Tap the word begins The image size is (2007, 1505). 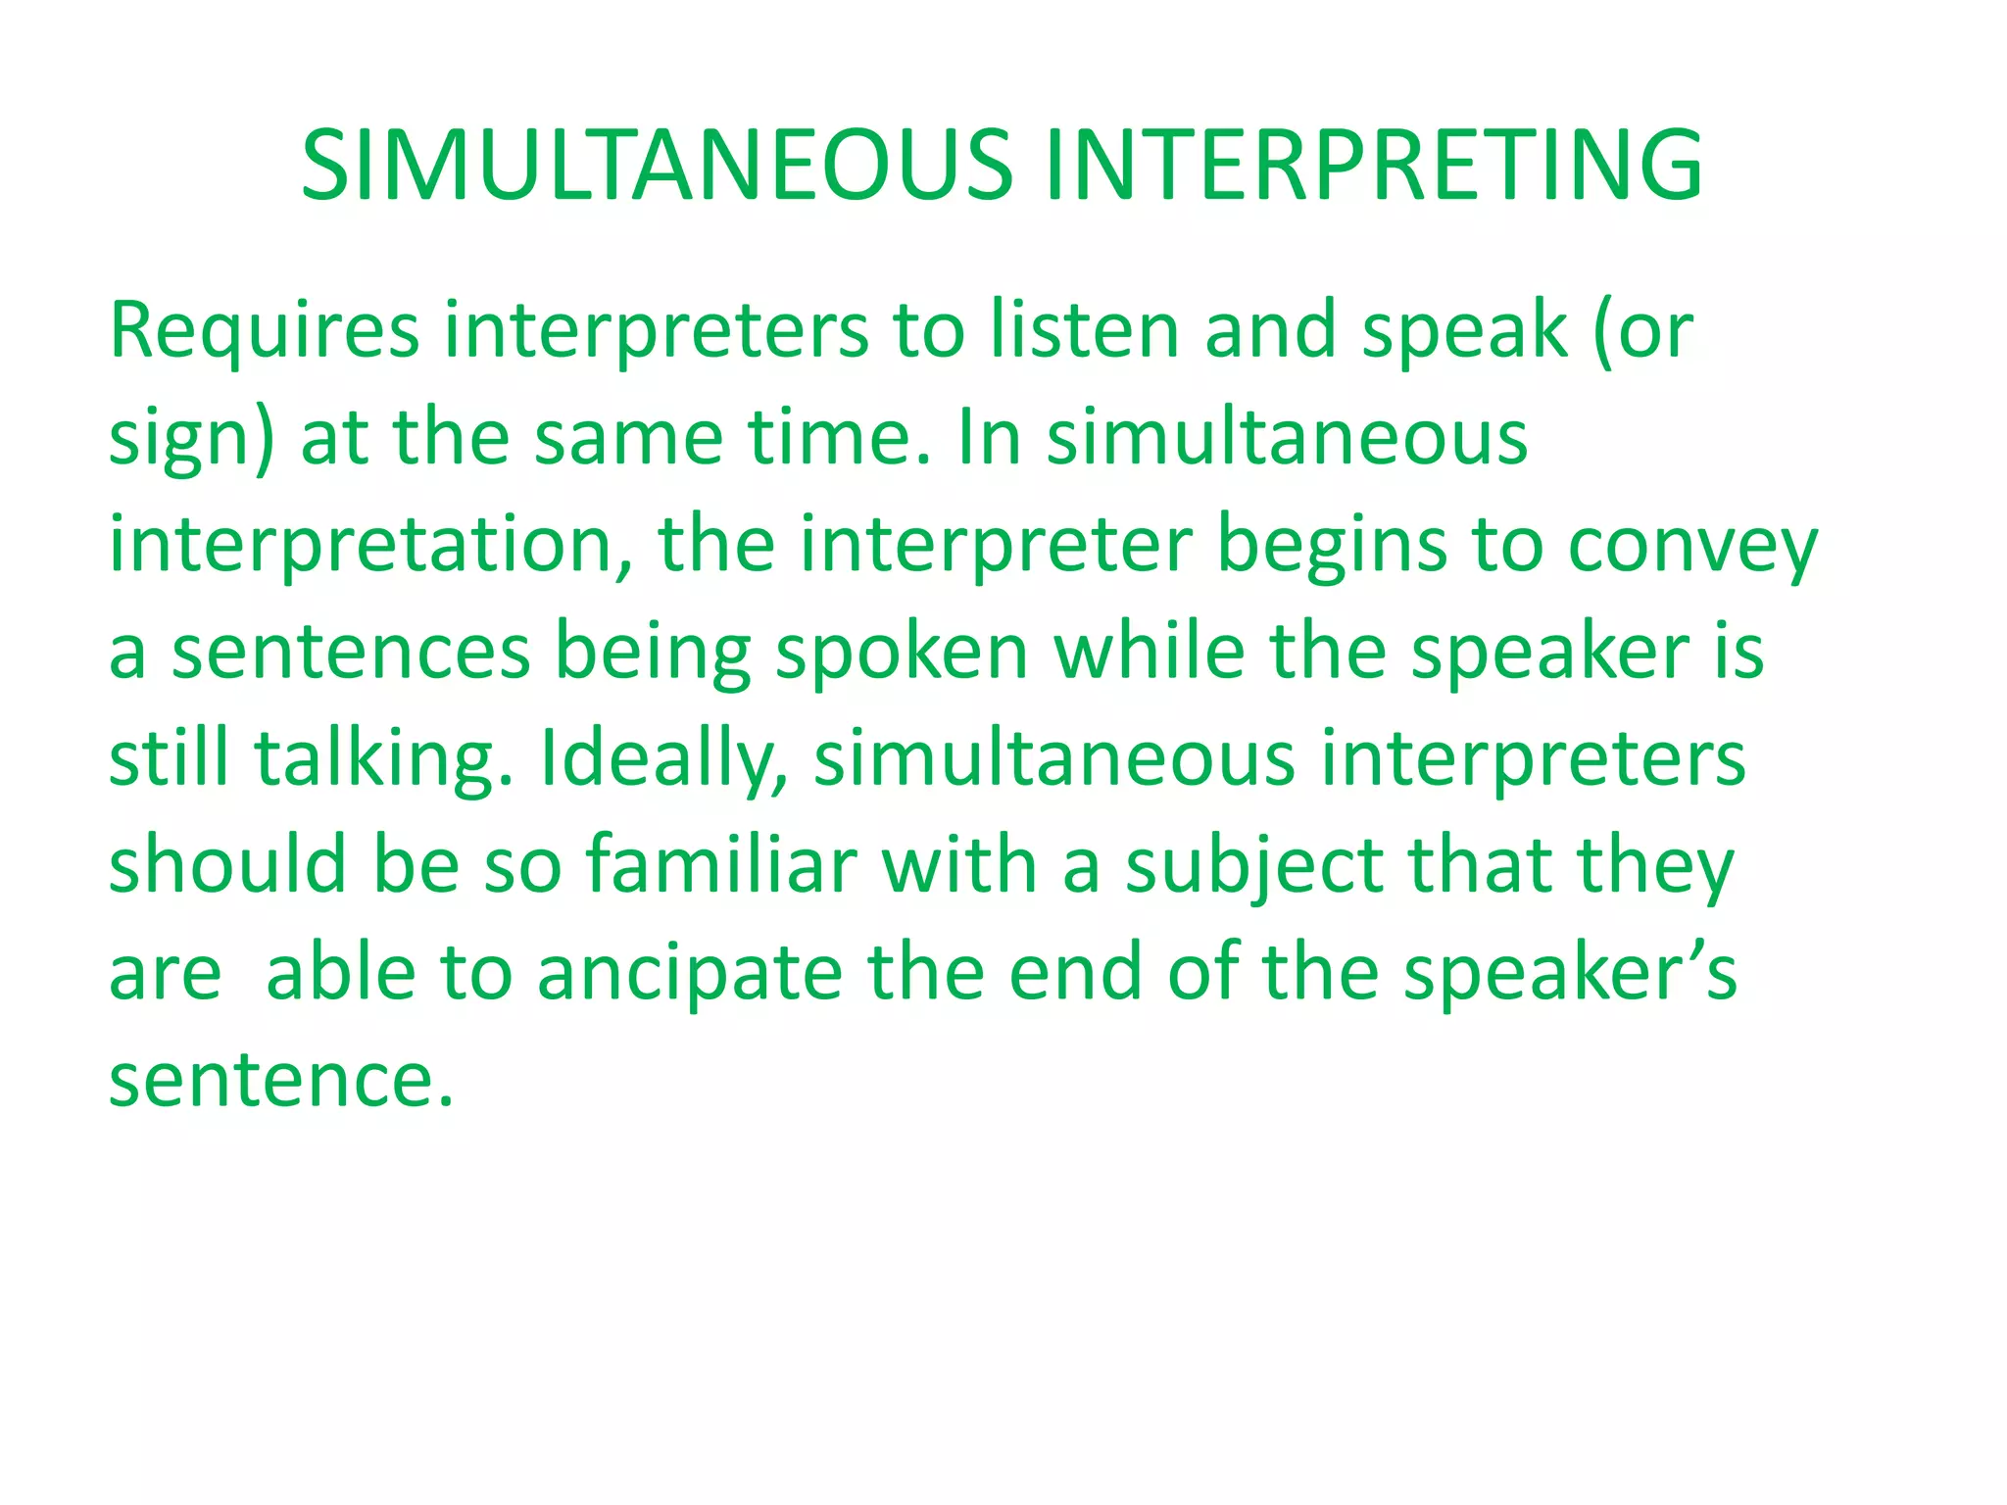1331,547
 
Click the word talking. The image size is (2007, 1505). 383,760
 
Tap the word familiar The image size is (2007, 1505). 721,866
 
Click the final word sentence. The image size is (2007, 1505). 280,1081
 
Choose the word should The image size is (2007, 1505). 227,866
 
